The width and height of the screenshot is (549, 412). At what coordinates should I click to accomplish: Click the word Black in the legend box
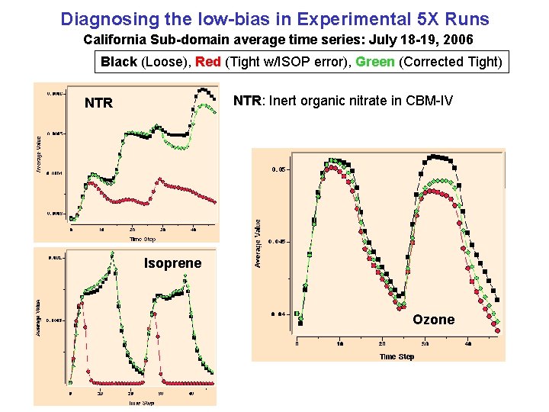pos(118,61)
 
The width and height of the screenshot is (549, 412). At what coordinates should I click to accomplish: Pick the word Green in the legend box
pos(375,61)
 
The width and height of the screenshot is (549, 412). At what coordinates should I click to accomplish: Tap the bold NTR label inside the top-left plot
pos(98,103)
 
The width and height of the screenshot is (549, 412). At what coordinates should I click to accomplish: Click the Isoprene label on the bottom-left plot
pos(173,263)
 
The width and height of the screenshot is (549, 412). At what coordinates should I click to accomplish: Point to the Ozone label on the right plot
pos(433,320)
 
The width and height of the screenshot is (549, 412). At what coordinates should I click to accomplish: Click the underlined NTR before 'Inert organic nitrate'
pos(247,101)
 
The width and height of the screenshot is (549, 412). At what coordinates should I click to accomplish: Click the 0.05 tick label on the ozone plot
pos(279,169)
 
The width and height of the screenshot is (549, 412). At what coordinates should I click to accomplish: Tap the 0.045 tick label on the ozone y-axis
pos(278,241)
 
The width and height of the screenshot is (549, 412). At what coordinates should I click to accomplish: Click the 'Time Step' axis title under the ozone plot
pos(396,357)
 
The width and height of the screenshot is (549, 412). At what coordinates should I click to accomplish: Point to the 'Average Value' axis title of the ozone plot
pos(258,243)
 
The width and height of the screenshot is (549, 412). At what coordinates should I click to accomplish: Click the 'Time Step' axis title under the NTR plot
pos(143,239)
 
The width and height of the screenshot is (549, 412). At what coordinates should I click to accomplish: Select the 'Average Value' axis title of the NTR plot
pos(40,153)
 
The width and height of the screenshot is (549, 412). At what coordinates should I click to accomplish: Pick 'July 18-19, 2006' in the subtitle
pos(430,38)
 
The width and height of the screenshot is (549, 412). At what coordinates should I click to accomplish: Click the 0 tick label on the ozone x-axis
pos(297,344)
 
